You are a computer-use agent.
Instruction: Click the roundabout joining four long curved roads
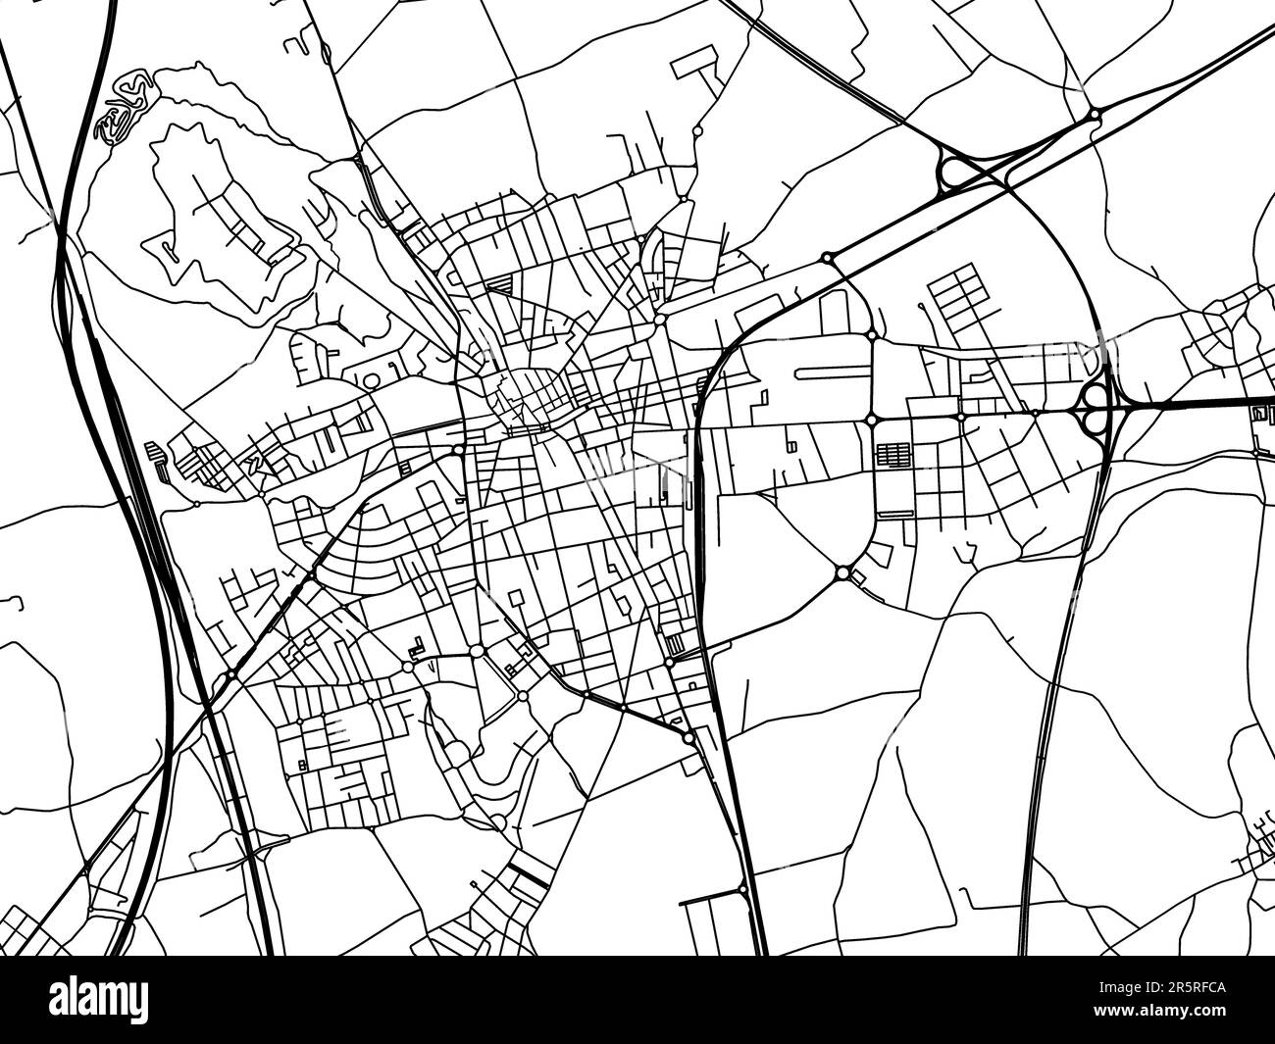point(843,572)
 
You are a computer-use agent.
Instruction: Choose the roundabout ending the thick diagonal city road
point(689,736)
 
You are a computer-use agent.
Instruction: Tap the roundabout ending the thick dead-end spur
point(742,888)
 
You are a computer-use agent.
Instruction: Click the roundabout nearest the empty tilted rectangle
point(696,128)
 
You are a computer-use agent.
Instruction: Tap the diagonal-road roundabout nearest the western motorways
point(229,674)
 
